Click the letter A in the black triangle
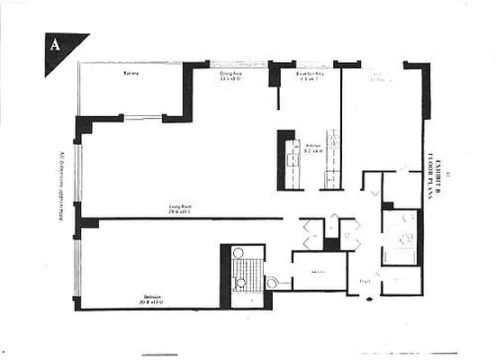(57, 45)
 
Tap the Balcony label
(131, 76)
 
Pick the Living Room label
(180, 208)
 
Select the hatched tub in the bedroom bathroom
(244, 267)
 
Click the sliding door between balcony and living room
(142, 117)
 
